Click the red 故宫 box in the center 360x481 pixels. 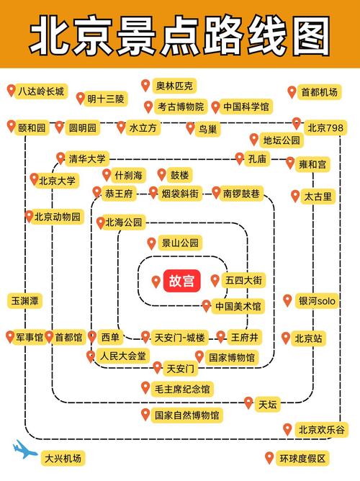pos(181,280)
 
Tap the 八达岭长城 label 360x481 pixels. pos(41,91)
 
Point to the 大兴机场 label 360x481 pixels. pos(63,458)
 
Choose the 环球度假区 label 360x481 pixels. pos(302,458)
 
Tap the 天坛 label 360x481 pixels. pos(268,403)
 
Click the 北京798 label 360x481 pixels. pos(325,127)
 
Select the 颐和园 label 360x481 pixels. pos(32,127)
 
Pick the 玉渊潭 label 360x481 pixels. pos(24,300)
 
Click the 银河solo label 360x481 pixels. pos(318,301)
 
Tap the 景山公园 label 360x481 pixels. pos(180,243)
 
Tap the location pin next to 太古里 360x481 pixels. pos(295,195)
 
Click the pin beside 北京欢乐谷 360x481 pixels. pos(287,429)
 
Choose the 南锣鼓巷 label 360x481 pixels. pos(243,193)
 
